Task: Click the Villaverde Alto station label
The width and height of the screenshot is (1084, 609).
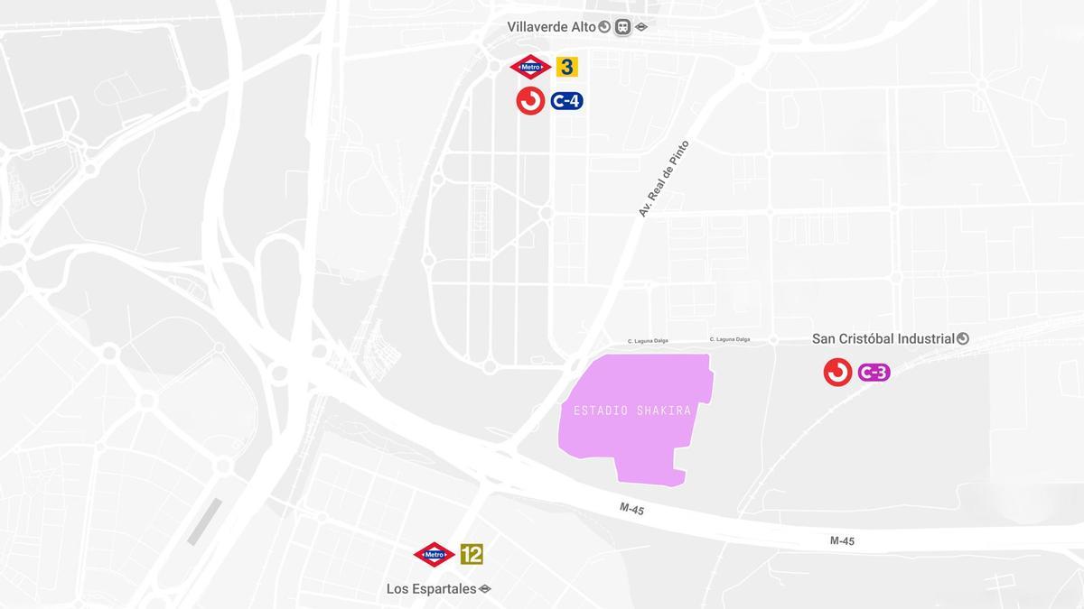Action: pos(551,27)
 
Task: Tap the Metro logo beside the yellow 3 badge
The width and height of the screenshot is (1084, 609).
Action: pos(530,67)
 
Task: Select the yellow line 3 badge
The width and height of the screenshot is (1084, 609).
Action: pos(566,67)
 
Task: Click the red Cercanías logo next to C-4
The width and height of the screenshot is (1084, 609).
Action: pos(530,101)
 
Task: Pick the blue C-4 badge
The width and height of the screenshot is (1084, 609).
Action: pos(566,101)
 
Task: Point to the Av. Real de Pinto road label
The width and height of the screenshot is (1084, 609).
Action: pos(663,179)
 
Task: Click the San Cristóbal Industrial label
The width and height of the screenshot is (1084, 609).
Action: pos(883,338)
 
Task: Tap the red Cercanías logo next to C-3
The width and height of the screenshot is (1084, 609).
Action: pos(837,372)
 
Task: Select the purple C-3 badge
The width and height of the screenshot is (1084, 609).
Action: pos(874,372)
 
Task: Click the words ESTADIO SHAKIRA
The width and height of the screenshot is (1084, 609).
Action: pos(632,411)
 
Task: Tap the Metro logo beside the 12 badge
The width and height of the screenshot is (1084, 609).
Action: pos(434,554)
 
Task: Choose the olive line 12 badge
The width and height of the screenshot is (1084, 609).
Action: pos(472,554)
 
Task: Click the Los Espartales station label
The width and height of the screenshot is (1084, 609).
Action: pos(431,589)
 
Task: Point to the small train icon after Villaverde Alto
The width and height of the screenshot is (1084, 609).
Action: pos(623,27)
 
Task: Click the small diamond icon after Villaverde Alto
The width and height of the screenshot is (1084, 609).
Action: pos(641,27)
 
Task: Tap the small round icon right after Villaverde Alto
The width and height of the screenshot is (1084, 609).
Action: pos(604,27)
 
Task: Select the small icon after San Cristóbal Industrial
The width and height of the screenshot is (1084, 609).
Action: pos(963,338)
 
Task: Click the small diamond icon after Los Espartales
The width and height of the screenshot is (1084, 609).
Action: pos(485,589)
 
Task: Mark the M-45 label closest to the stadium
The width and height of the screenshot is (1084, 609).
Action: pos(631,509)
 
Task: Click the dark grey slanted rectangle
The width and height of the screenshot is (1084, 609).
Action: pos(204,521)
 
